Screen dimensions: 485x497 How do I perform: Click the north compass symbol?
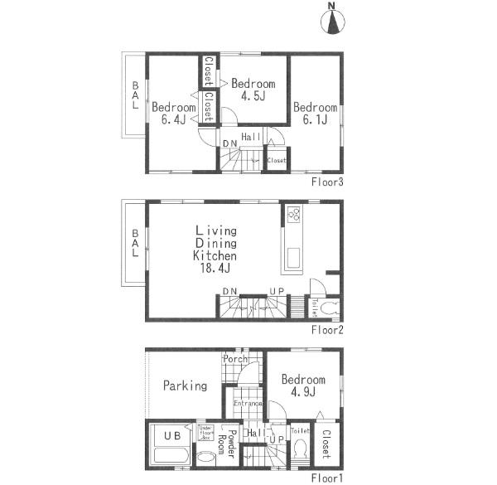coord(334,22)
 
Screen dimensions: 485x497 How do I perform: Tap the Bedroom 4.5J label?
coord(253,90)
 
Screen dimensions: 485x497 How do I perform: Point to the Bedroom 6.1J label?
coord(315,114)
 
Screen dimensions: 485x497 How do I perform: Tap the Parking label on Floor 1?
coord(184,386)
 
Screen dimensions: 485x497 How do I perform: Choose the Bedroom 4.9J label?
coord(302,386)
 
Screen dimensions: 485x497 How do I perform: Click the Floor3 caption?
coord(327,181)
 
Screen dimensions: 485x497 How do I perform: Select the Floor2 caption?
coord(327,329)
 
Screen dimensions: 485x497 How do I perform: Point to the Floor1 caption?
coord(327,478)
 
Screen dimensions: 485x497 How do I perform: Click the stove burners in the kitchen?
coord(293,214)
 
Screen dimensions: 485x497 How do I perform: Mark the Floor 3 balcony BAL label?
coord(134,98)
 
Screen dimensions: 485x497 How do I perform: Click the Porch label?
coord(234,360)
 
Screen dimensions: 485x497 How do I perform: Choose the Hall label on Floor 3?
coord(251,136)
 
